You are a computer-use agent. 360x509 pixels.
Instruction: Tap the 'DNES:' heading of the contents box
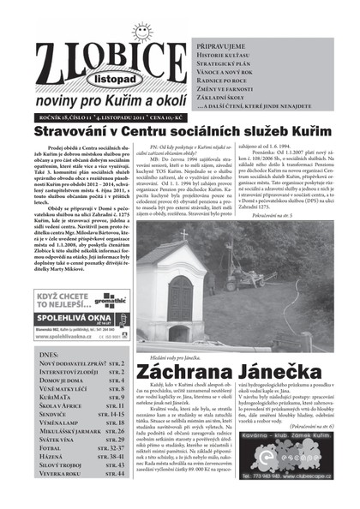(x=51, y=352)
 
